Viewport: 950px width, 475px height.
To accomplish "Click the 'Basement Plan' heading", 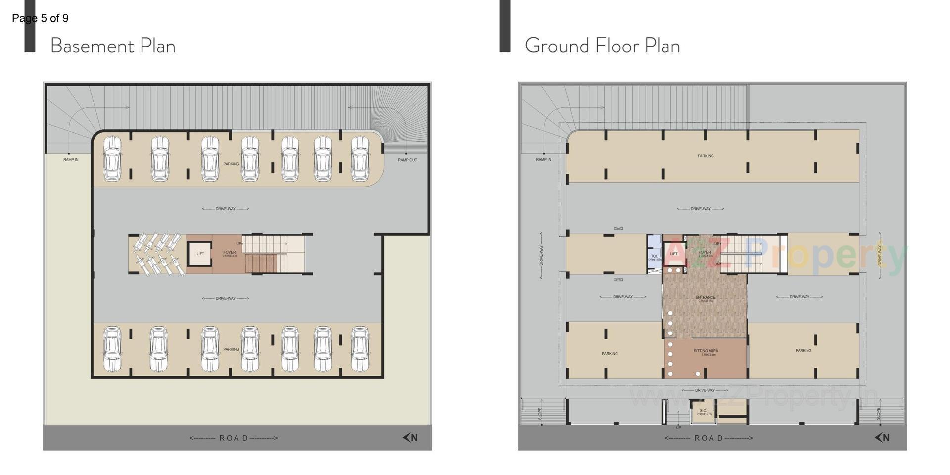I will click(113, 46).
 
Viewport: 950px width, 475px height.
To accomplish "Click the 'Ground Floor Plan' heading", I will click(602, 46).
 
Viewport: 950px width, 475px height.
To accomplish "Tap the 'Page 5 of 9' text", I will click(40, 18).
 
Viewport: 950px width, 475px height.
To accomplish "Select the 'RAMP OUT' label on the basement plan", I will click(407, 160).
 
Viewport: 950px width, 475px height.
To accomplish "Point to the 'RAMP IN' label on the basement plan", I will click(71, 160).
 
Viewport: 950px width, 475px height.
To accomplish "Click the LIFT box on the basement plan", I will click(200, 254).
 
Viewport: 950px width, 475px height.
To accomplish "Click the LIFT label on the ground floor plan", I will click(673, 254).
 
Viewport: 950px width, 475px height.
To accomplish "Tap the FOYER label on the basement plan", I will click(229, 253).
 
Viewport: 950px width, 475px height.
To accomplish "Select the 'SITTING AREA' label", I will click(706, 351).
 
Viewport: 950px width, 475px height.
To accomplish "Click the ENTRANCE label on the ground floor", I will click(705, 298).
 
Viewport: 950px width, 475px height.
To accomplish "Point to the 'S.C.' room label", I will click(703, 411).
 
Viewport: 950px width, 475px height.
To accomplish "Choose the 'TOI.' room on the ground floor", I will click(654, 256).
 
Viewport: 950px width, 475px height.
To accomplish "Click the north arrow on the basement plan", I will click(410, 437).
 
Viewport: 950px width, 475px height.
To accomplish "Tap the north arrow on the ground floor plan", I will click(882, 437).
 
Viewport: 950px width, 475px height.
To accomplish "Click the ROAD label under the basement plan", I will click(234, 438).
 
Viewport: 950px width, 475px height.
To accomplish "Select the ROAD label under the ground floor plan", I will click(709, 438).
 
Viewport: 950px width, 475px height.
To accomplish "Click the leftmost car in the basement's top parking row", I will click(112, 158).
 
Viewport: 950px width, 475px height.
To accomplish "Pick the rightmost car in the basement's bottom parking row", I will click(360, 348).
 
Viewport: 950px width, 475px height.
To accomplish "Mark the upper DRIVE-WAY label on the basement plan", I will click(225, 209).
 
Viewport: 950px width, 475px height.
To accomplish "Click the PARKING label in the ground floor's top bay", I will click(706, 156).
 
